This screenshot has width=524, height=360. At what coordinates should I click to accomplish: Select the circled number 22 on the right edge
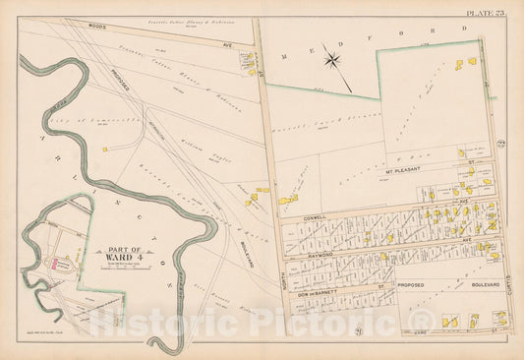click(x=501, y=146)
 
